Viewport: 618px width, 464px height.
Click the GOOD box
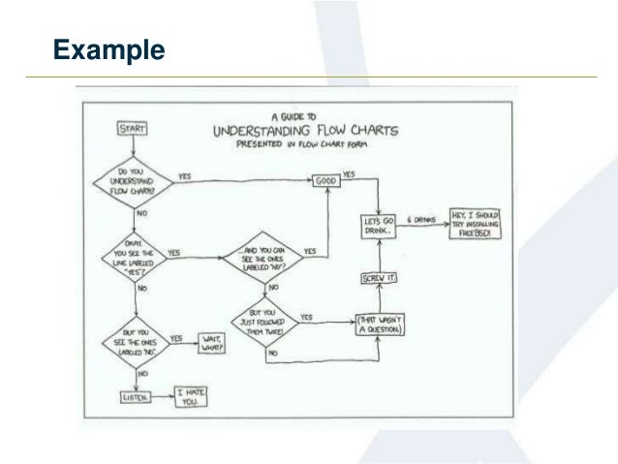tap(324, 182)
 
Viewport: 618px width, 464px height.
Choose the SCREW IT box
tap(376, 279)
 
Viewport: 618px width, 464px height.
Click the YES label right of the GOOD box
tap(348, 174)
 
